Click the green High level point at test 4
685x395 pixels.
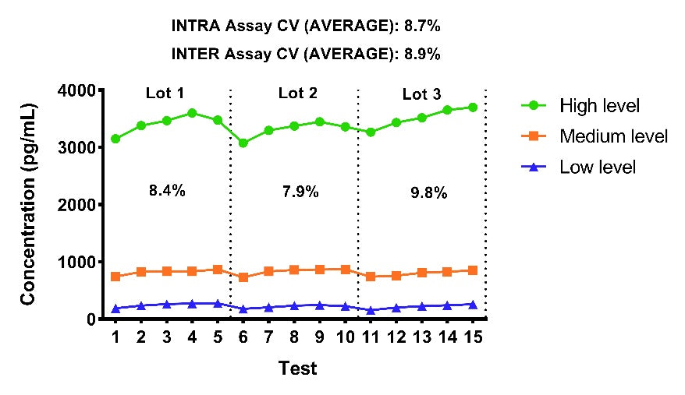[x=192, y=114]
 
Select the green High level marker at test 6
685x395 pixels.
[x=243, y=143]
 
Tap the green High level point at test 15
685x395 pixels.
[x=473, y=108]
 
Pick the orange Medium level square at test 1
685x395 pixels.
[x=115, y=277]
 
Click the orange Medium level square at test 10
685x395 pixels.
[x=346, y=270]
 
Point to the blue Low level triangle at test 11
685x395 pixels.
[x=371, y=310]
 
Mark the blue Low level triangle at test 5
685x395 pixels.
[x=218, y=303]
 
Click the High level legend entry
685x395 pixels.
[x=580, y=106]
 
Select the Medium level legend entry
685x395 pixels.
[x=594, y=136]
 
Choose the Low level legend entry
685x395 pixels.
[x=578, y=168]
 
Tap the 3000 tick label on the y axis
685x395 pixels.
[x=76, y=147]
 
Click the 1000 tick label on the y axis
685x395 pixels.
[x=76, y=263]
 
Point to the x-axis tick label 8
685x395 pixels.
[x=294, y=337]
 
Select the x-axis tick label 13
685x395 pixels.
[x=421, y=337]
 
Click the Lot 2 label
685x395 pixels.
[x=298, y=93]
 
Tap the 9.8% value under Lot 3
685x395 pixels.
[x=429, y=192]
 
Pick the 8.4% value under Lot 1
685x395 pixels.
[x=167, y=190]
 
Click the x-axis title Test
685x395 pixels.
[x=298, y=369]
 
